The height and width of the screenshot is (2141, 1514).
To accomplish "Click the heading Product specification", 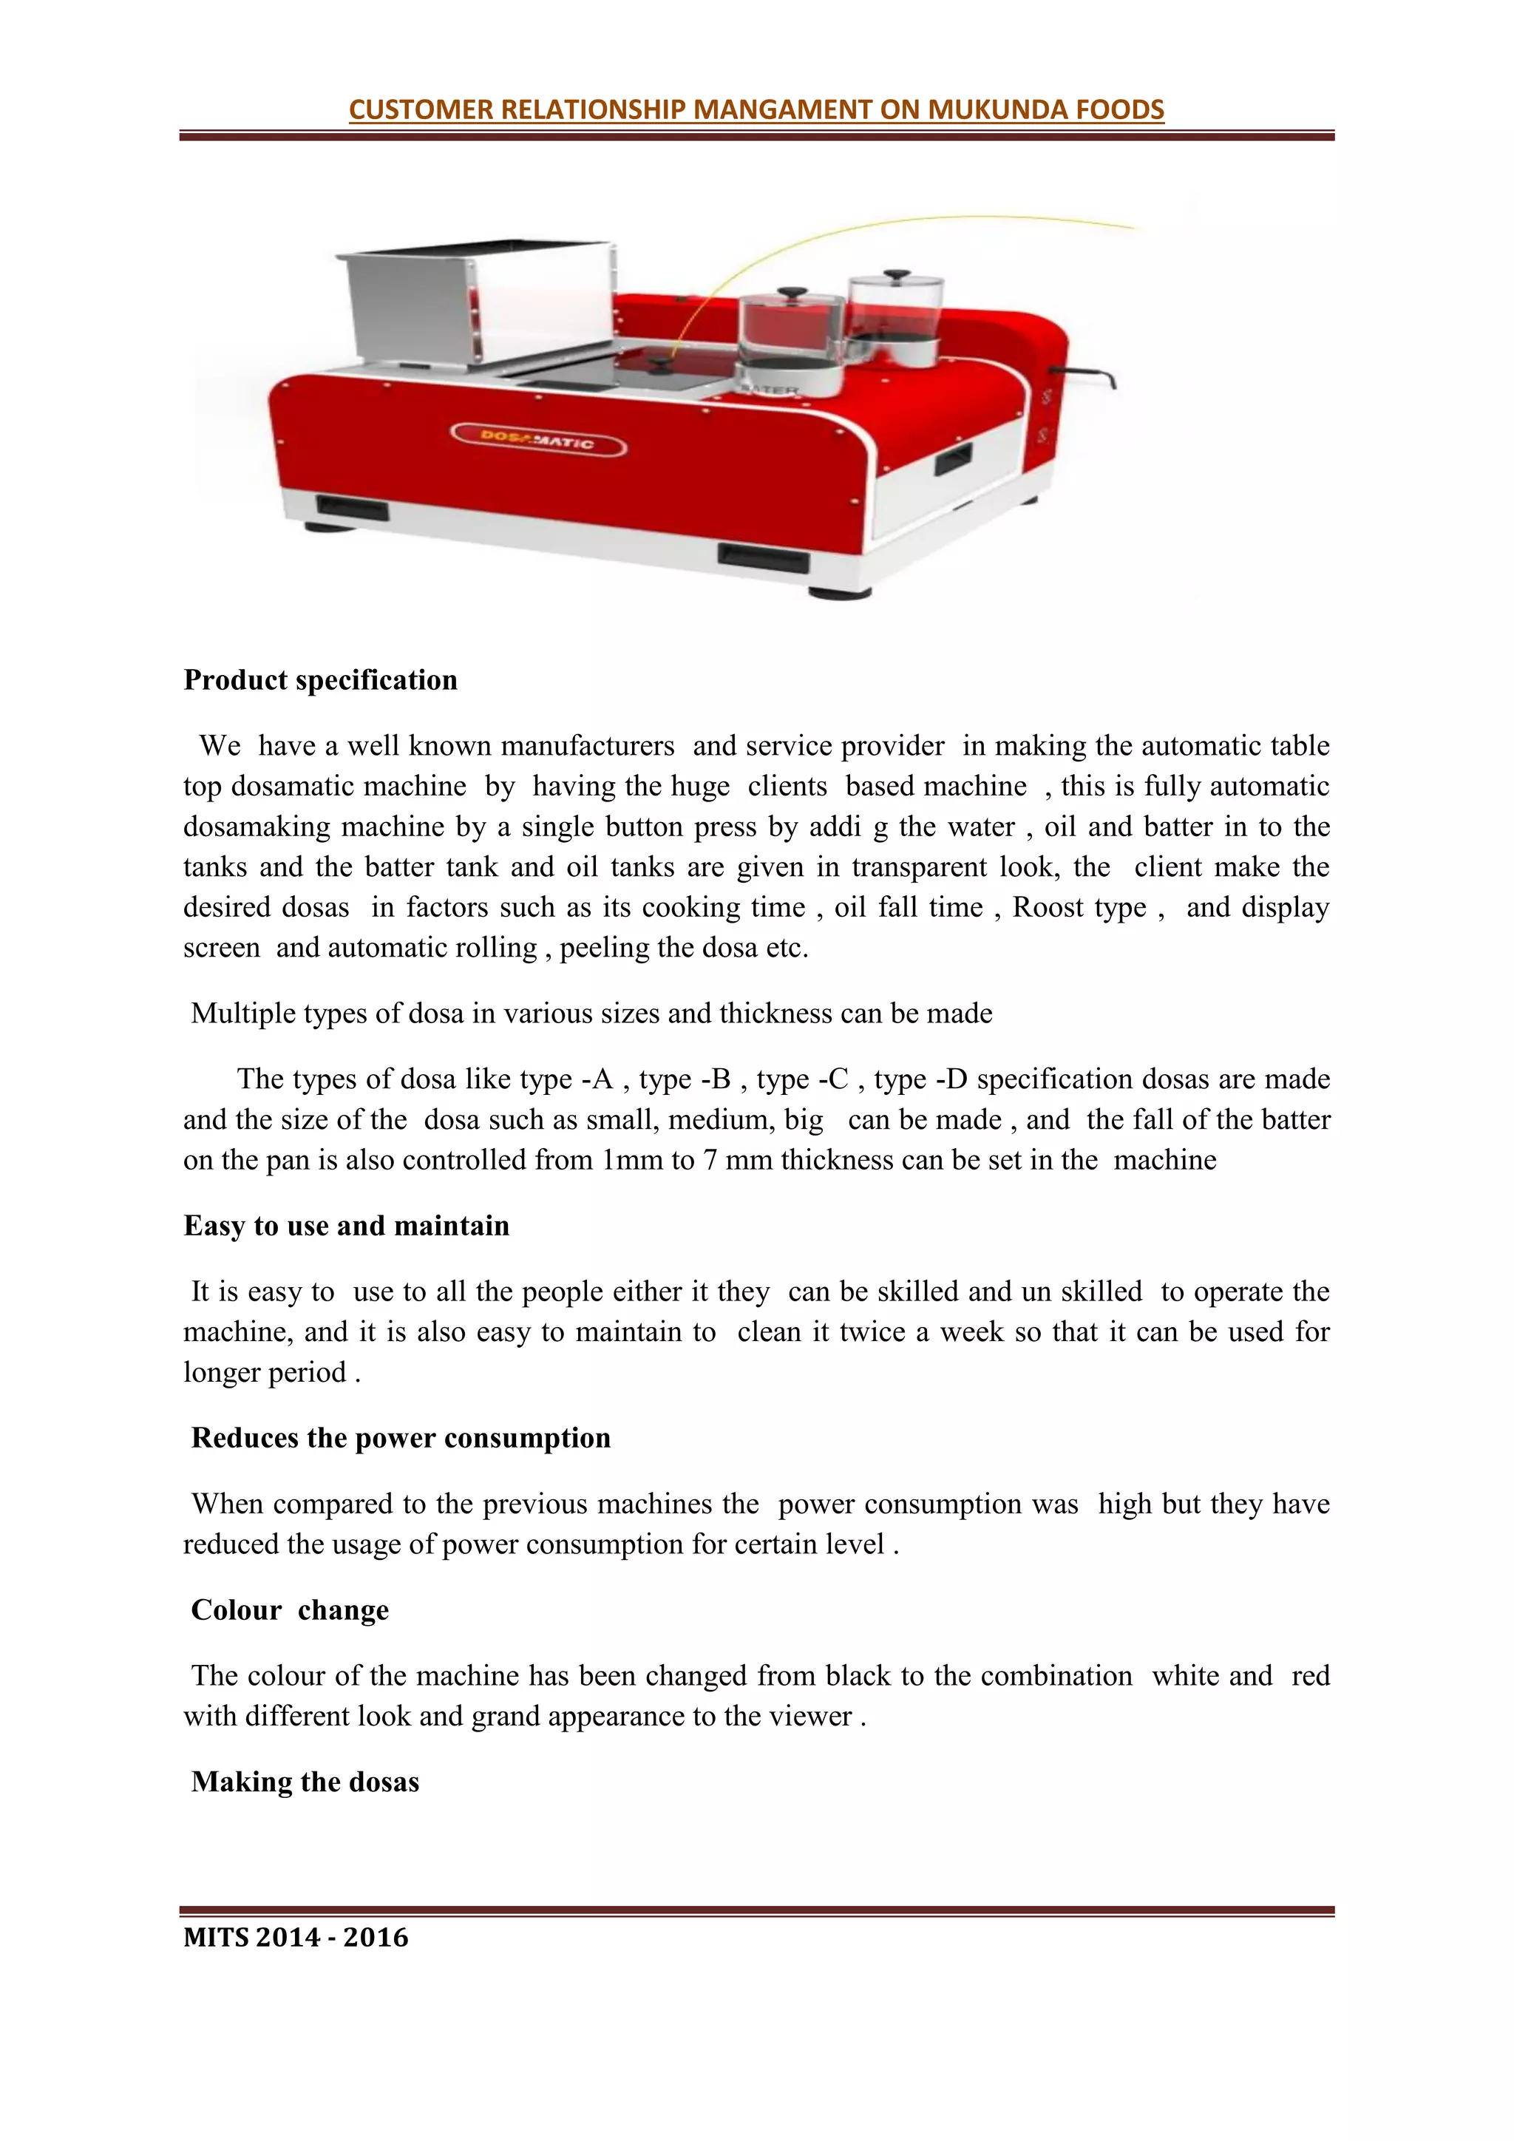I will click(x=321, y=680).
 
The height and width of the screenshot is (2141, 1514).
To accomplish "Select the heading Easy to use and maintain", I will click(x=347, y=1225).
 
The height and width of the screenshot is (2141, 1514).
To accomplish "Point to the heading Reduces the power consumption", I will click(x=401, y=1437).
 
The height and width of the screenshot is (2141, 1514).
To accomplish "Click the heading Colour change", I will click(x=290, y=1609).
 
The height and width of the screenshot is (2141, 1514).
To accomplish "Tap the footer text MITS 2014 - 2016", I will click(x=296, y=1937).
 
